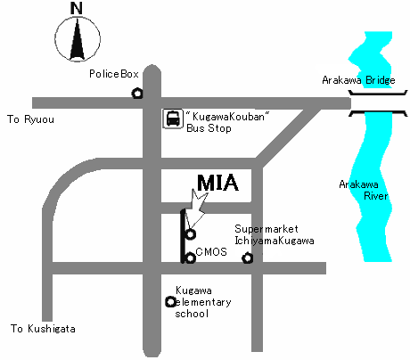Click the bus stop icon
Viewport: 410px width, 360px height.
[173, 119]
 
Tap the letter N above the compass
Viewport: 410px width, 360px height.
[77, 8]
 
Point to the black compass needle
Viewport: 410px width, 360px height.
[78, 39]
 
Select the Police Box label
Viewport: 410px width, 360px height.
[114, 74]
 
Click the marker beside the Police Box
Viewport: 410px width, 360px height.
[137, 94]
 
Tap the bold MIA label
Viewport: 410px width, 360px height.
[217, 183]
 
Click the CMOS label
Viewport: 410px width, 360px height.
[211, 252]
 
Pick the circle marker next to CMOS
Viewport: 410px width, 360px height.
[190, 258]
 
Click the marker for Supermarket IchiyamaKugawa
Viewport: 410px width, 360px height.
[248, 258]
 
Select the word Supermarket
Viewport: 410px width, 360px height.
[266, 229]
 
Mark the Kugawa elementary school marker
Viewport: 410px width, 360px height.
[170, 302]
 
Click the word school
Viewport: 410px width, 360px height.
[192, 314]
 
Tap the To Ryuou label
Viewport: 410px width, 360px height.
[30, 119]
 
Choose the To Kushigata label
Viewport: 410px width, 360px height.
[43, 329]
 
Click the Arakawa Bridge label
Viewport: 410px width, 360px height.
[358, 80]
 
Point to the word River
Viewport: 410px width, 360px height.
[376, 196]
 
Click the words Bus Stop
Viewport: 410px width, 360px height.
[209, 128]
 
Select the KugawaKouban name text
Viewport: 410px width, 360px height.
[228, 116]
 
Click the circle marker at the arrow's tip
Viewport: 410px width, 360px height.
[191, 234]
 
